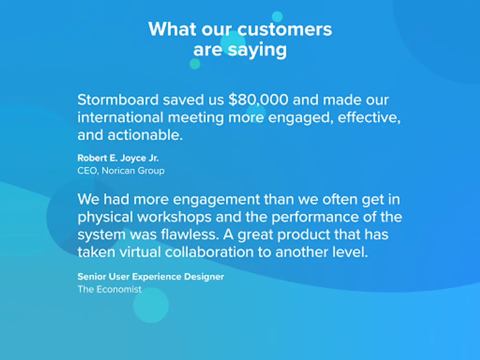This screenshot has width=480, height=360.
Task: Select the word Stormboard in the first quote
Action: [118, 100]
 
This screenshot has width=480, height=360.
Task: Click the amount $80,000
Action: [258, 100]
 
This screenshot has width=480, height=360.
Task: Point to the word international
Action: [120, 117]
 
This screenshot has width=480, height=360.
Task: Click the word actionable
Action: [145, 135]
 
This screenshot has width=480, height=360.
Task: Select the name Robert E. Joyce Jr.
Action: [118, 158]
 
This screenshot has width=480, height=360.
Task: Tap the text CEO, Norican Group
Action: [121, 171]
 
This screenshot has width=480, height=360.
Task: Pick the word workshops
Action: [174, 217]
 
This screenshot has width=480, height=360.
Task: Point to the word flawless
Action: [190, 234]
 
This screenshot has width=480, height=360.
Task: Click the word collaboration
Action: [209, 252]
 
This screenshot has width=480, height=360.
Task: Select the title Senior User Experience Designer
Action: [151, 277]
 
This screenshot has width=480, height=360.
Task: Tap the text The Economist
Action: [110, 289]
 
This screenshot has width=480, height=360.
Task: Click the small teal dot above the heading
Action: [277, 17]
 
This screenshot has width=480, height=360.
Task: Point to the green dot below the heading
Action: [195, 64]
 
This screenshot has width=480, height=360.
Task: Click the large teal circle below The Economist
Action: [151, 305]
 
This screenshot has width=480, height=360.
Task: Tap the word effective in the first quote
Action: [369, 118]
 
